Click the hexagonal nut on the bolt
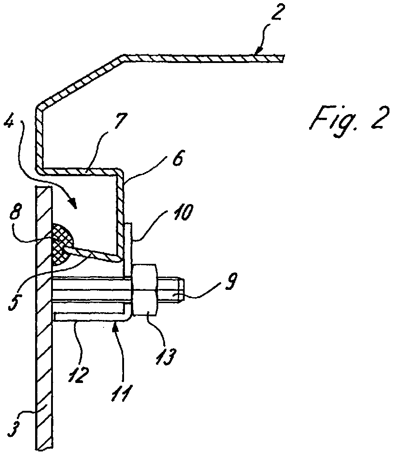point(145,290)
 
